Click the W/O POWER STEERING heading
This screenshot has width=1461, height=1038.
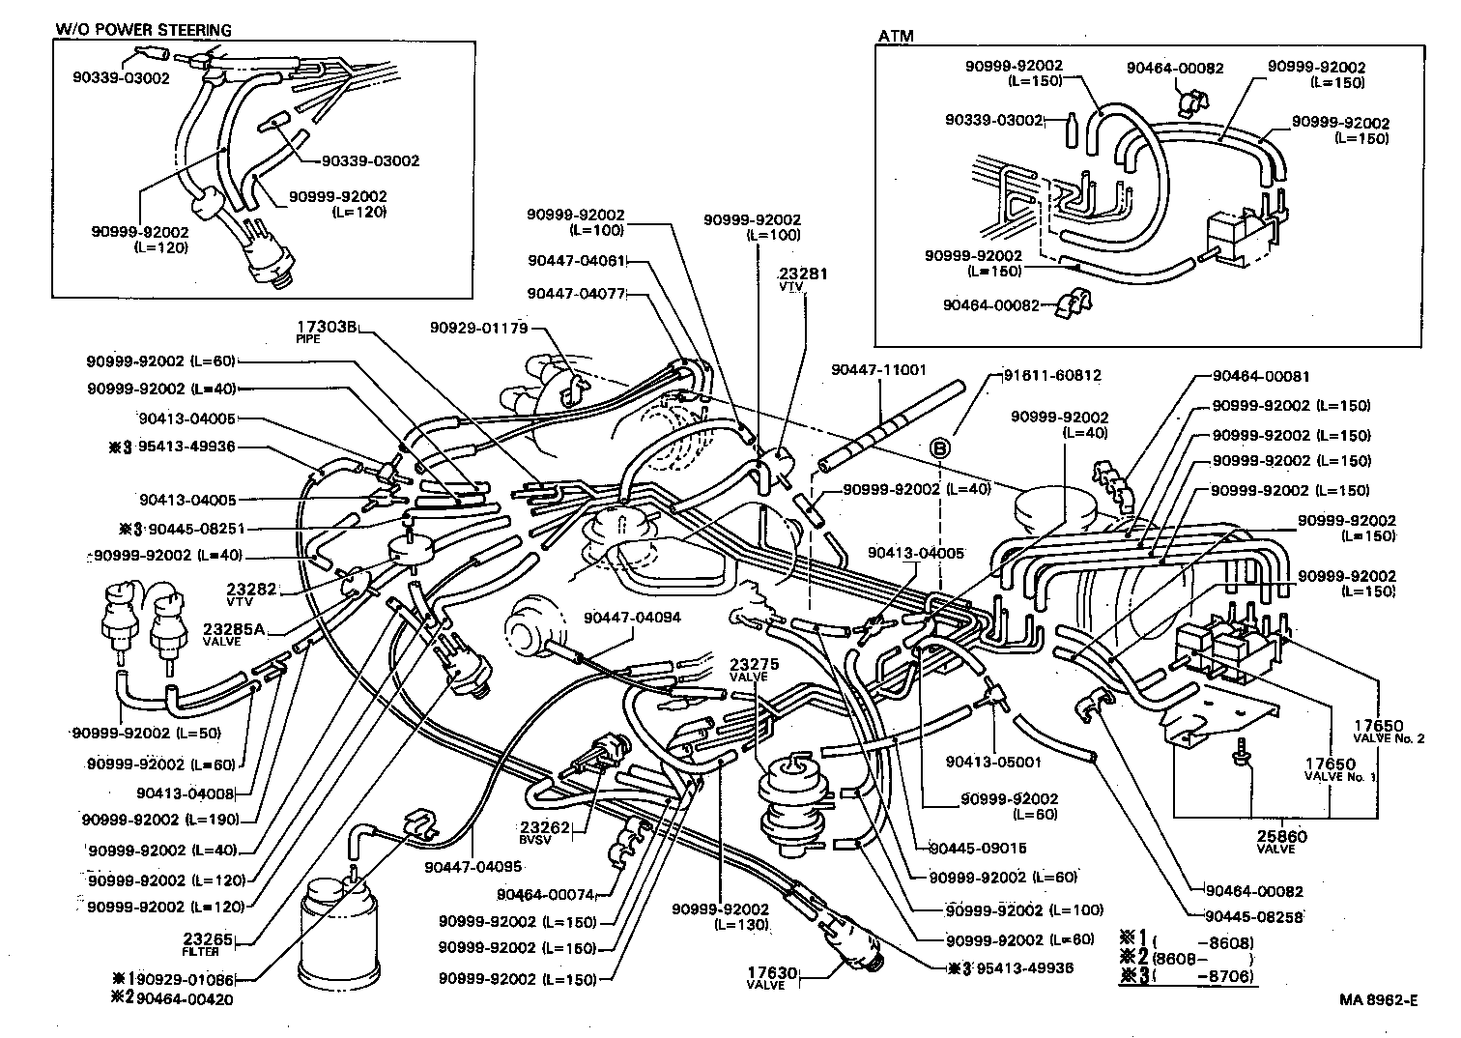(142, 30)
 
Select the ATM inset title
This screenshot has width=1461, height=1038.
(896, 37)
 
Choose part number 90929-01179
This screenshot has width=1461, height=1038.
(479, 328)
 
